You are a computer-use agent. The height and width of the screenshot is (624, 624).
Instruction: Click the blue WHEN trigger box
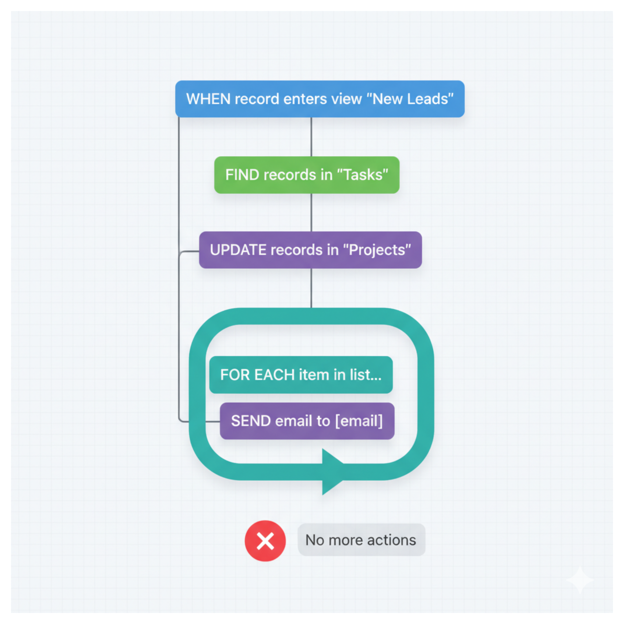pos(320,99)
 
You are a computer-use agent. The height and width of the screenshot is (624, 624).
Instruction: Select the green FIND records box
pos(307,175)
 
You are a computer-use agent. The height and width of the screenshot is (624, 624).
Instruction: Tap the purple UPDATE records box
pos(310,250)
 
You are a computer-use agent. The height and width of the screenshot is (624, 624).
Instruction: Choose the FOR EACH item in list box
pos(301,375)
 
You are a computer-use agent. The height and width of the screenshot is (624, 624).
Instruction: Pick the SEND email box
pos(307,421)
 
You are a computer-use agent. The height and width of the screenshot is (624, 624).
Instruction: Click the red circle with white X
pos(265,541)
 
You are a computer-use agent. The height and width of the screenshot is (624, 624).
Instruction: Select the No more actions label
pos(361,540)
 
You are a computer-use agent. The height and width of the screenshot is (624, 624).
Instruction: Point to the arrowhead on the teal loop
pos(332,472)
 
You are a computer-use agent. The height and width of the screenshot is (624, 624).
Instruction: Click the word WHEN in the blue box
pos(208,99)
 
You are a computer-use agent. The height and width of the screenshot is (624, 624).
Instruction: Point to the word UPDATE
pos(238,250)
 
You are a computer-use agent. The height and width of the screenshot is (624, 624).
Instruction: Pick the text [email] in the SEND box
pos(359,421)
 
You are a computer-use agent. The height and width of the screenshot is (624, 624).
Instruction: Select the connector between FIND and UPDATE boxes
pos(311,212)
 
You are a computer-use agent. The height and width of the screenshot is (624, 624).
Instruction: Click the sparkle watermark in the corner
pos(579,580)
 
